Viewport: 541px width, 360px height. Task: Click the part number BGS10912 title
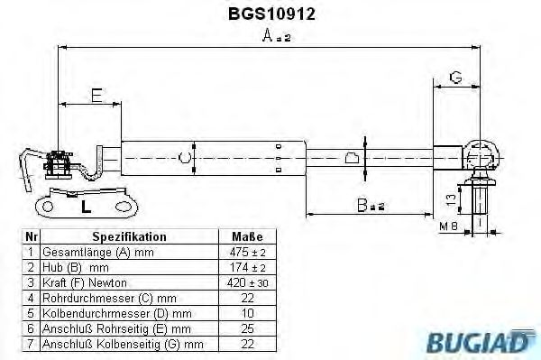coord(269,14)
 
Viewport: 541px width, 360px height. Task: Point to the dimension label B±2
coord(369,205)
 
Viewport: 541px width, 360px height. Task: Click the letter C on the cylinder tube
coord(184,159)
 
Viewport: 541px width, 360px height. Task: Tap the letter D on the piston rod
coord(353,159)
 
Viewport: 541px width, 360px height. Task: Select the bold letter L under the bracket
coord(86,206)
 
